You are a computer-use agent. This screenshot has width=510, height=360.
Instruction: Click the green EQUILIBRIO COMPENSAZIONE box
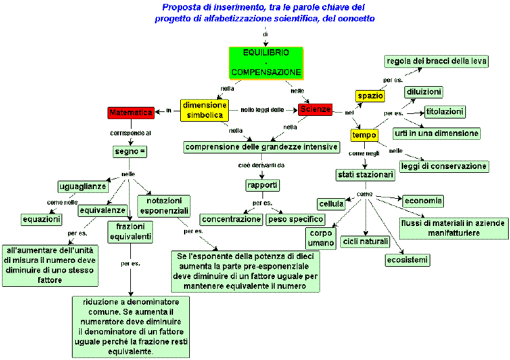click(266, 62)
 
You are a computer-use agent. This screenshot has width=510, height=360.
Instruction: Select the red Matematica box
click(131, 113)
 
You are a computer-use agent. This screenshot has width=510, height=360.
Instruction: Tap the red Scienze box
click(315, 110)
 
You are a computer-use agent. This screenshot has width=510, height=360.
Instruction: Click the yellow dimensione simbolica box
click(205, 110)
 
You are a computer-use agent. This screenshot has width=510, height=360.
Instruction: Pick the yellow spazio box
click(371, 96)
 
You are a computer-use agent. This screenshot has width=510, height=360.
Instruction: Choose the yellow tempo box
click(364, 135)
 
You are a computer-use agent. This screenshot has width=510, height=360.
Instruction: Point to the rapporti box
click(262, 186)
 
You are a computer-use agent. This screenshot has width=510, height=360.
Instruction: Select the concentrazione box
click(231, 219)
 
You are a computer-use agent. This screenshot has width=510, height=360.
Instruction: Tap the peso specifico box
click(296, 219)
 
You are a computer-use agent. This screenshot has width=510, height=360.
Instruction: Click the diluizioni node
click(424, 92)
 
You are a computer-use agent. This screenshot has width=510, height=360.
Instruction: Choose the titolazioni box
click(445, 111)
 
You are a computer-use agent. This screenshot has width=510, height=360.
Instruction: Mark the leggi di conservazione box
click(453, 166)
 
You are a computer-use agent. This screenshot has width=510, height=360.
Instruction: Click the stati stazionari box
click(365, 175)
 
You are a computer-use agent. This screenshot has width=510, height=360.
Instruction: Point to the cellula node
click(331, 204)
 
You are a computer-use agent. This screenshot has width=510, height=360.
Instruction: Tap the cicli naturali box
click(366, 242)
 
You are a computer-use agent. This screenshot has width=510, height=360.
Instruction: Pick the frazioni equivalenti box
click(130, 232)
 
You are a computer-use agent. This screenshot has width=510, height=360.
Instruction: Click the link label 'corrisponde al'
click(130, 133)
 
